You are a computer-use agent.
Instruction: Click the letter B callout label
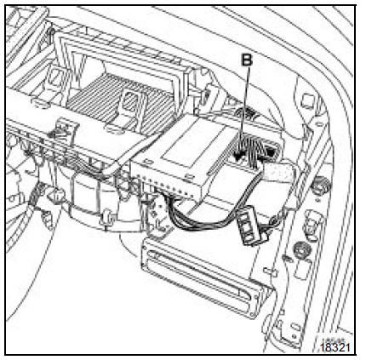click(x=247, y=60)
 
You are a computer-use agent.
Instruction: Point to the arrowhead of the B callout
click(x=237, y=156)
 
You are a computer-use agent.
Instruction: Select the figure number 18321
click(x=335, y=347)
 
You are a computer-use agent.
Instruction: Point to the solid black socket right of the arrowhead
click(x=271, y=152)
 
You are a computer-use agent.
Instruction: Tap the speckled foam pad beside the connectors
click(x=278, y=171)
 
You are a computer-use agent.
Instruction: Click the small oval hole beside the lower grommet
click(x=287, y=258)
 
